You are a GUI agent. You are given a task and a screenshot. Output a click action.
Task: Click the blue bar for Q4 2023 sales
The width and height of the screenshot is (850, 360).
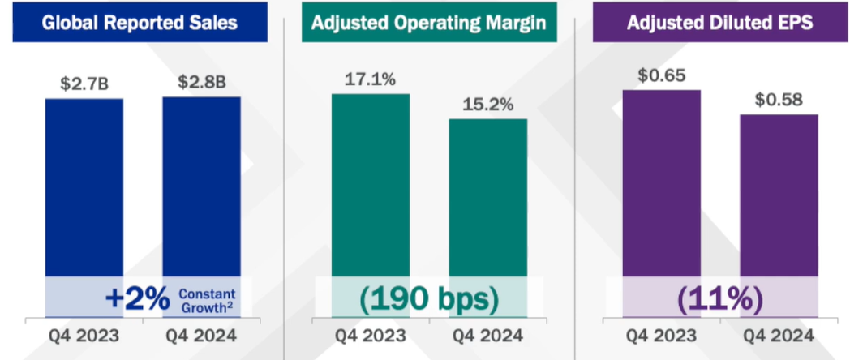tap(84, 186)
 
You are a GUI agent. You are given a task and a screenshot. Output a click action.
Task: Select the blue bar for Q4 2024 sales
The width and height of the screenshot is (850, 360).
tap(201, 186)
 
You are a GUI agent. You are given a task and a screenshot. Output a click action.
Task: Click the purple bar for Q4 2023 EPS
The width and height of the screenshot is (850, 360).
tap(662, 182)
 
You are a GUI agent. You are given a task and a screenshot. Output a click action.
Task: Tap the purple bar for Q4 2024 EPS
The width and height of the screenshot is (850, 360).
tap(779, 195)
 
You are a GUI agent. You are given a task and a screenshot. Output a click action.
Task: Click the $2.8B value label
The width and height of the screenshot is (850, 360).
tap(201, 84)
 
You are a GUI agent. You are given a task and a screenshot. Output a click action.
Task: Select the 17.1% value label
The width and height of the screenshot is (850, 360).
tap(371, 79)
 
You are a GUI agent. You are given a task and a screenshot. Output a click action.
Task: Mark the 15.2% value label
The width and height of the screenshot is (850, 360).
tap(487, 105)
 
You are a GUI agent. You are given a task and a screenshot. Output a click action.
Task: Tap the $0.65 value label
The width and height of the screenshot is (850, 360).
tap(662, 76)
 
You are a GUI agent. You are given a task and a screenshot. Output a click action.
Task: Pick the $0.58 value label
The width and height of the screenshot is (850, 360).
tap(779, 101)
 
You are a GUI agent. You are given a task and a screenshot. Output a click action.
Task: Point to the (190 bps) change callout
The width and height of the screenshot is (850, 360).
tap(428, 298)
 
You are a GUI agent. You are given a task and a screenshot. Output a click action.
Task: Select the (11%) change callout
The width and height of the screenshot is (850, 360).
tap(719, 298)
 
